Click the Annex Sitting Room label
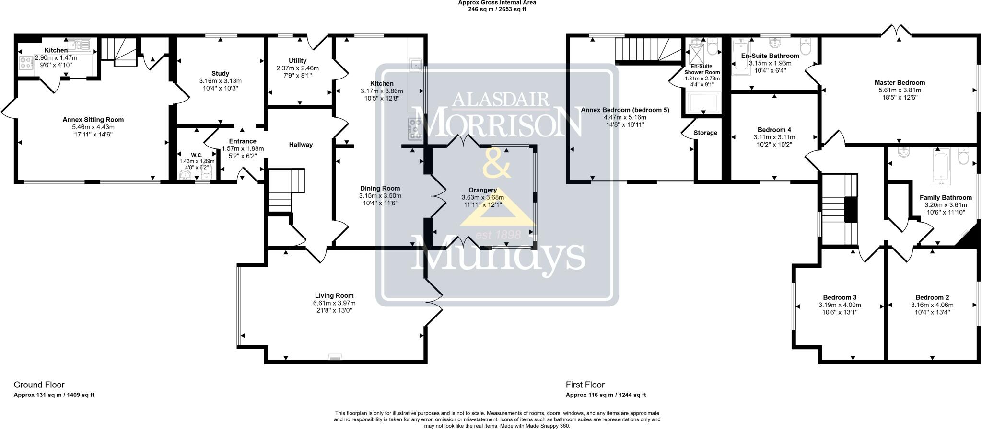(x=93, y=120)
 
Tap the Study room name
(x=220, y=73)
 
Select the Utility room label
(x=297, y=61)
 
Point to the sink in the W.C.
(x=185, y=176)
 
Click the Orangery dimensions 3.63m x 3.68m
(x=483, y=197)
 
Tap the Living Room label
(x=334, y=295)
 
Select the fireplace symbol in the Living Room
(x=335, y=357)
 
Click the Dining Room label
(x=380, y=188)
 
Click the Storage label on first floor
(x=705, y=133)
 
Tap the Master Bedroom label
(x=900, y=82)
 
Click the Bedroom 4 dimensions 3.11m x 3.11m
(x=774, y=137)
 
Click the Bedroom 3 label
(x=840, y=297)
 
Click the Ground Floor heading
(x=39, y=385)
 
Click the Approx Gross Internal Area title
(x=497, y=2)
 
